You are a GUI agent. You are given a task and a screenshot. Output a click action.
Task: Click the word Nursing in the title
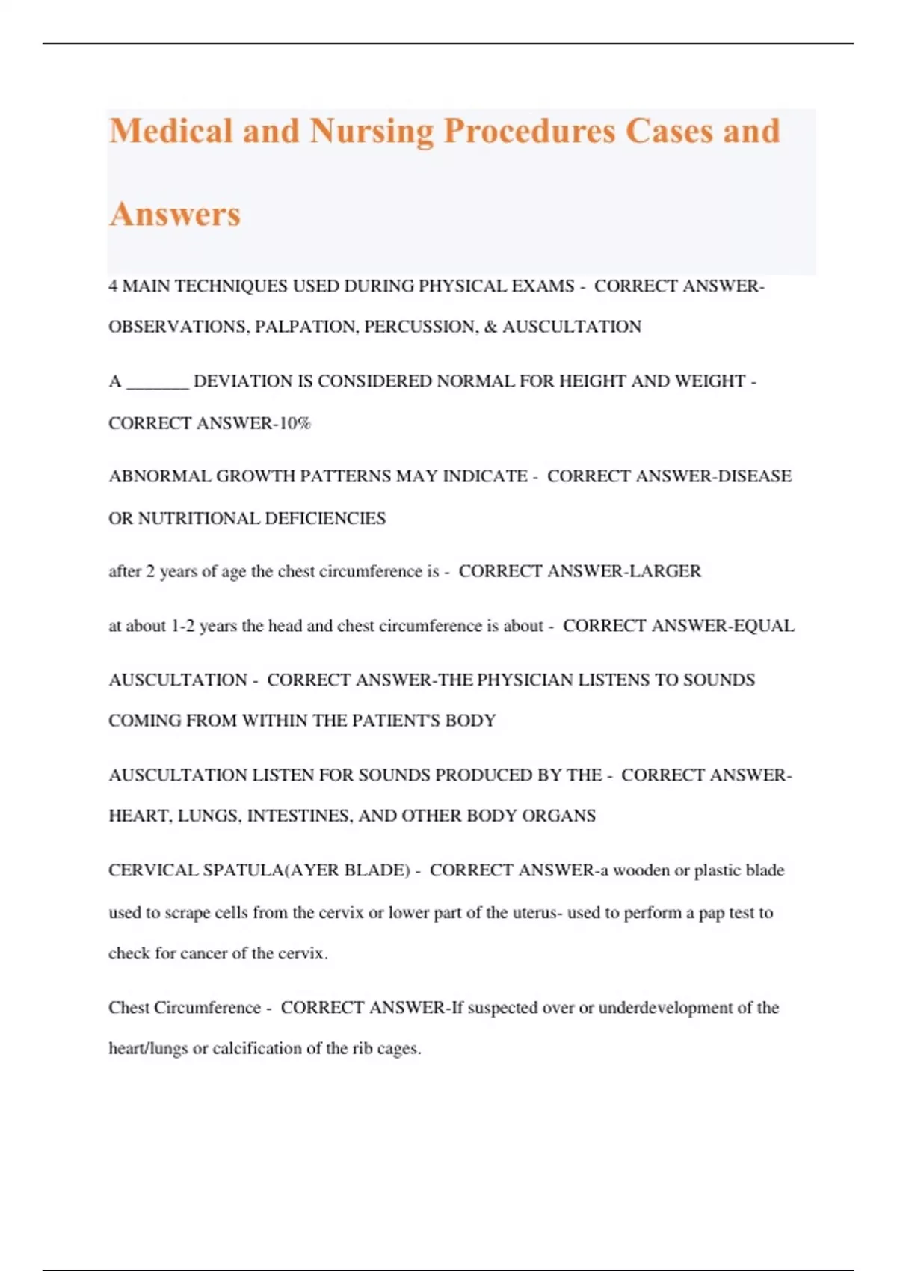(x=372, y=132)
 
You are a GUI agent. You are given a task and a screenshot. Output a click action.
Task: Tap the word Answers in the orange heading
(x=175, y=215)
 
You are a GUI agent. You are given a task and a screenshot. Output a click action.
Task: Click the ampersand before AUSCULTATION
(x=490, y=327)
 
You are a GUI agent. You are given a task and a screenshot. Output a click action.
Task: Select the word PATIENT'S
(x=396, y=721)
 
